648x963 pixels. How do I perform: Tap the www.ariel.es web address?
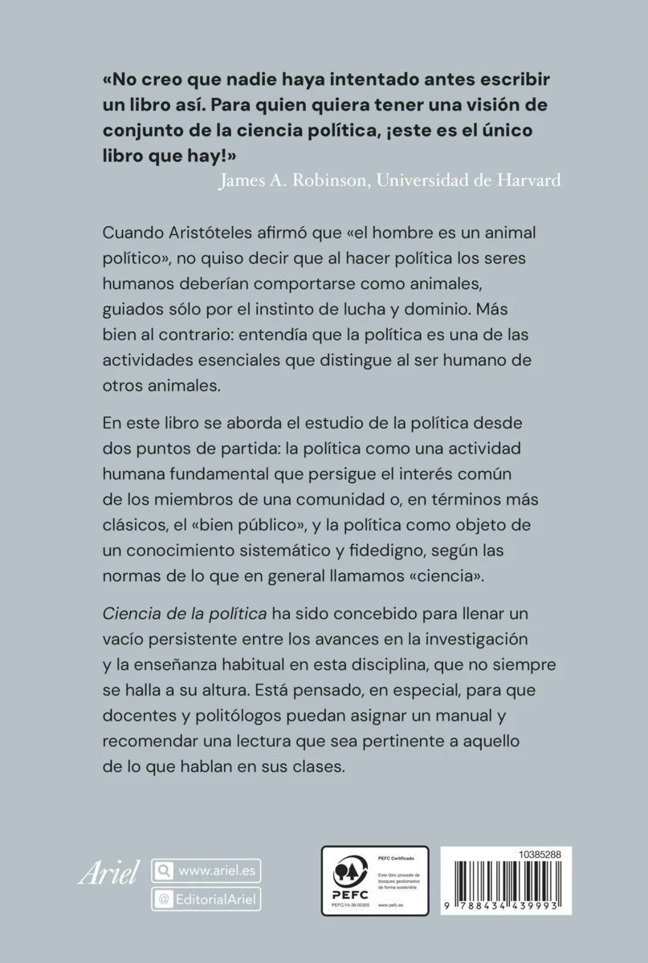215,870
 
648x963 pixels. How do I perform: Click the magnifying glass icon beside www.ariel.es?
163,871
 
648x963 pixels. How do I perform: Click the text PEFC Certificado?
393,859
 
